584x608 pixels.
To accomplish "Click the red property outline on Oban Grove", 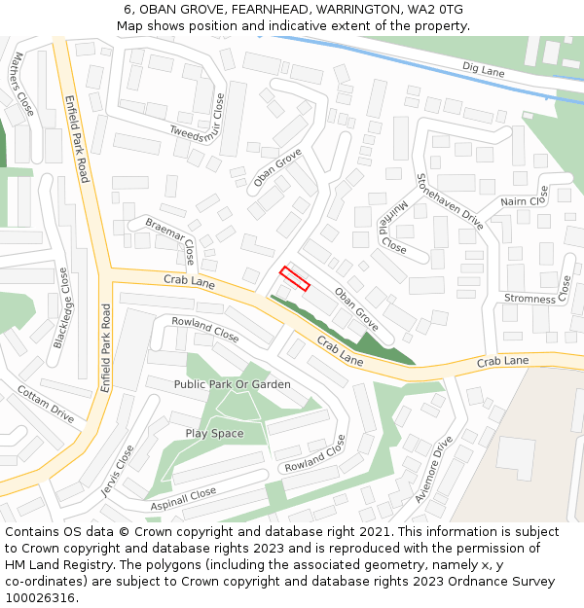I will (x=295, y=278).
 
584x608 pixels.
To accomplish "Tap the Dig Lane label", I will (x=483, y=70).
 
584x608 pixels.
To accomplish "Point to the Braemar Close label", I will (x=171, y=239).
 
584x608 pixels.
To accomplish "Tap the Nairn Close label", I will (x=527, y=199).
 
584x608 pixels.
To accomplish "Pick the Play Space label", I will (x=214, y=433).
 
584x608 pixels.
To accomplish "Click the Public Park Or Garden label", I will (x=232, y=384).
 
